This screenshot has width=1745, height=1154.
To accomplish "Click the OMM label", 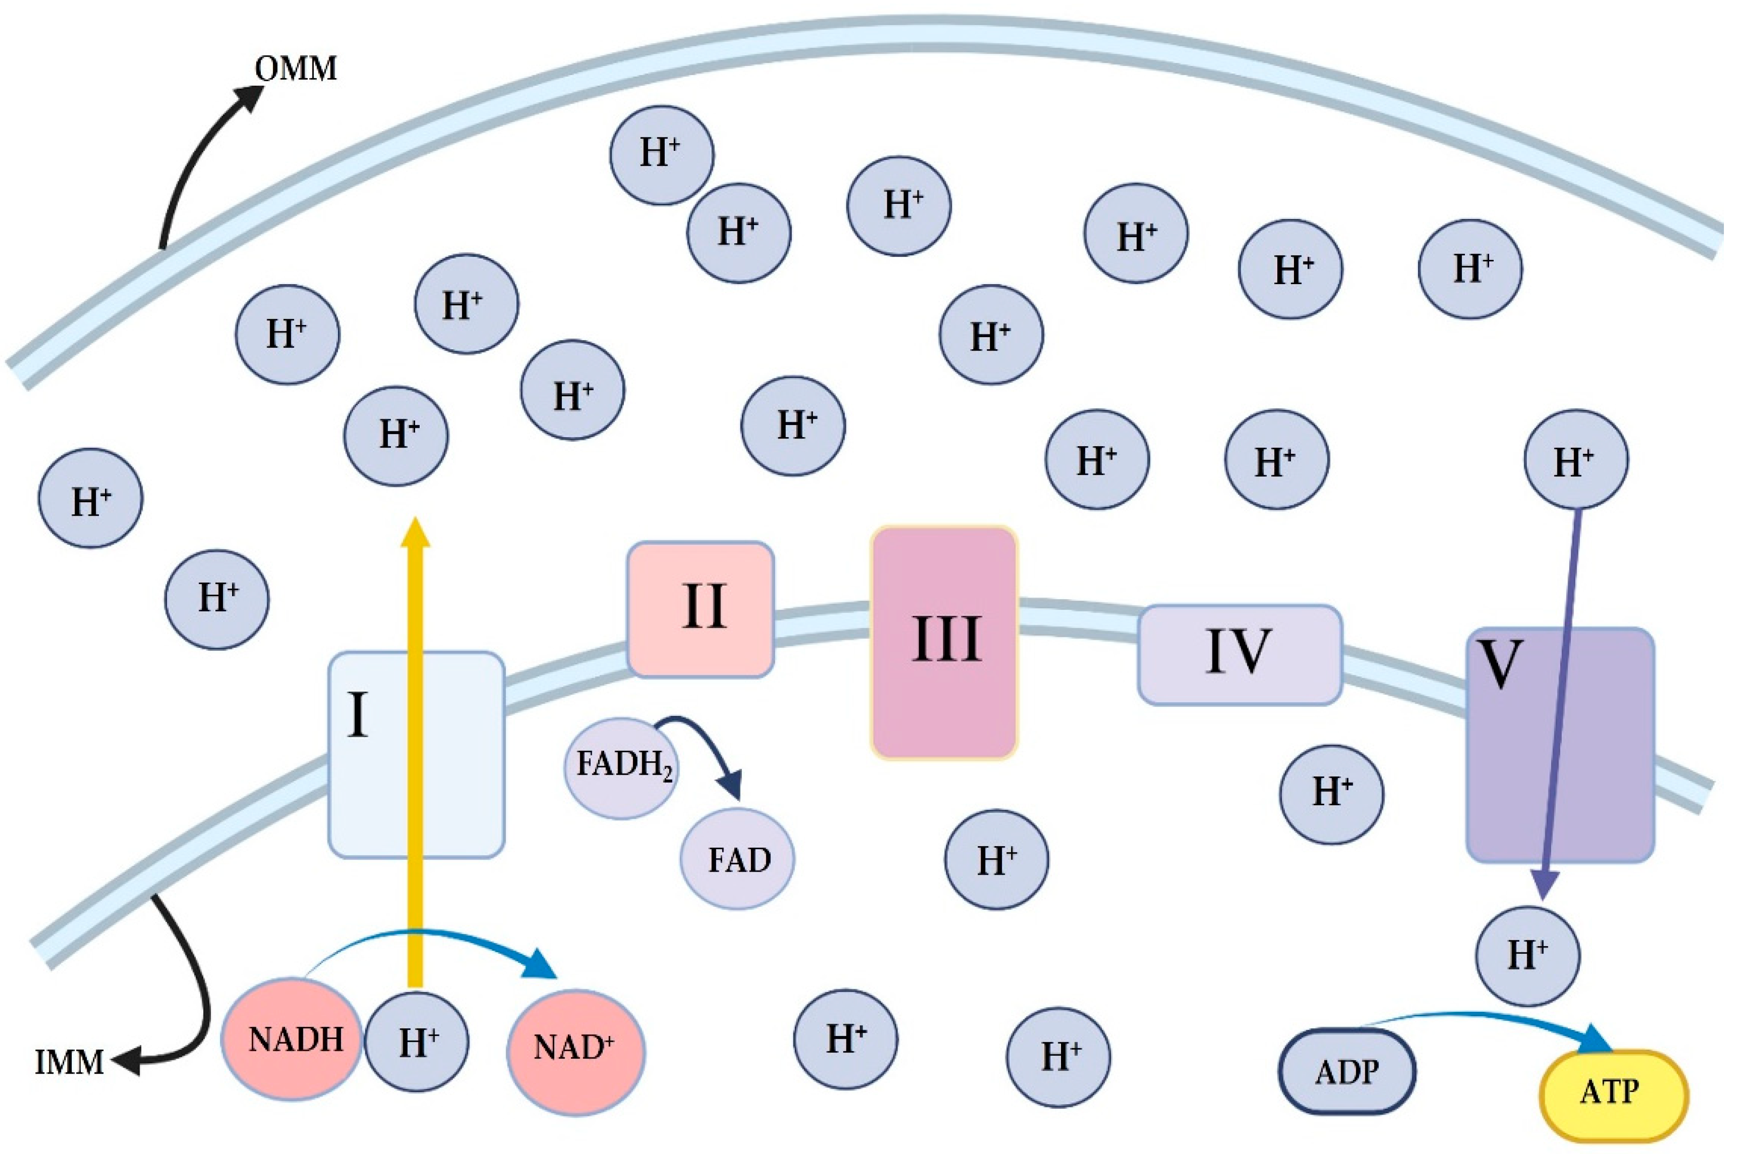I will tap(295, 69).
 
